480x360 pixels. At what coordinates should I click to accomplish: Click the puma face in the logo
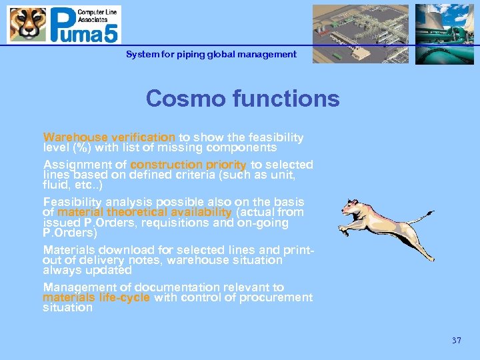tap(27, 24)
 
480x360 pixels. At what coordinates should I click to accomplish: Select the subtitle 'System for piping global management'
tap(211, 54)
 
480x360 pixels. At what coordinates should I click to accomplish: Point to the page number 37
tap(456, 341)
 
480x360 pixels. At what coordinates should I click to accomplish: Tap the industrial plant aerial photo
tap(361, 33)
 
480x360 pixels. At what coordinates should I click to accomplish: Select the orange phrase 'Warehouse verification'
tap(109, 137)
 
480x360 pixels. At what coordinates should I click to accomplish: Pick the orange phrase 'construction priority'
tap(188, 165)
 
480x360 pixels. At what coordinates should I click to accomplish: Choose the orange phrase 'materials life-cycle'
tap(97, 297)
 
